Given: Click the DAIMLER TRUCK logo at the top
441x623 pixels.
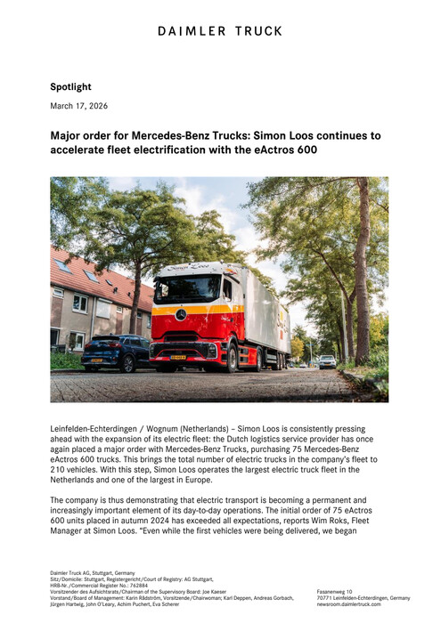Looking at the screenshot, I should point(220,31).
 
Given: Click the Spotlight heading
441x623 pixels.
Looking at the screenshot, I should point(70,87).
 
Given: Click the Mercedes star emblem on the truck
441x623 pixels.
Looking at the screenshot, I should point(181,314).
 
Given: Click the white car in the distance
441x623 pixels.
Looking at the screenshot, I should point(328,360).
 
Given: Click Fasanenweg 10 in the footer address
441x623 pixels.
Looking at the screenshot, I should point(338,591).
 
